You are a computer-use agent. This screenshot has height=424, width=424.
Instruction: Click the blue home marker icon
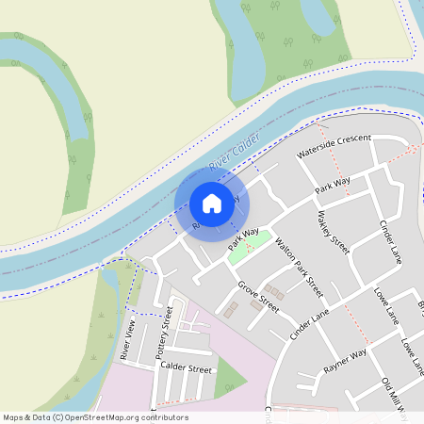tap(212, 203)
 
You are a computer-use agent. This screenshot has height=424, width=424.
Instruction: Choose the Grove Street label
tap(258, 296)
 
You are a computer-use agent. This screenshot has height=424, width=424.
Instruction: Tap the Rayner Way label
tap(344, 361)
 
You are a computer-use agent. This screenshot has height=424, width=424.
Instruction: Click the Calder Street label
tap(186, 367)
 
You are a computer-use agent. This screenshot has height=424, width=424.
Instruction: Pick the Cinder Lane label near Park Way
tap(390, 242)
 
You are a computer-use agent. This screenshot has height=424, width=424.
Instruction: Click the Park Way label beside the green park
tap(243, 239)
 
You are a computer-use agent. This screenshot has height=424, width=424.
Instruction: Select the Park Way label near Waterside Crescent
tap(333, 185)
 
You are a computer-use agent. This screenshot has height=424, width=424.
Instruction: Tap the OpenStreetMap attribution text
tap(95, 417)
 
